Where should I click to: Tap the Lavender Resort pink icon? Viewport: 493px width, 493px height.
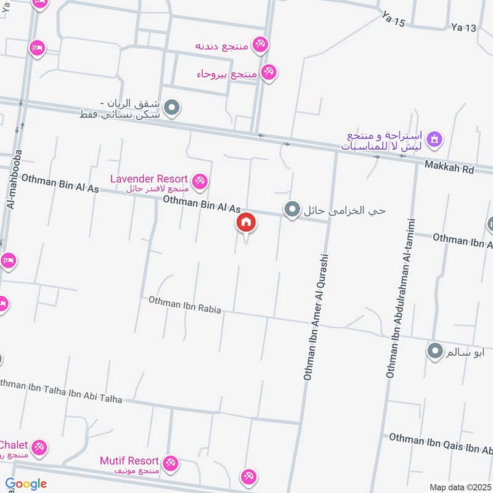[199, 181]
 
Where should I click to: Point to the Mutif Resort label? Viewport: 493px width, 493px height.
[129, 461]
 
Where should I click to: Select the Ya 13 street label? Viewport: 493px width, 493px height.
[464, 27]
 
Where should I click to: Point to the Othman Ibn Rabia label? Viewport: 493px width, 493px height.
[184, 306]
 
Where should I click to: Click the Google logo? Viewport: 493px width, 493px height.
[26, 484]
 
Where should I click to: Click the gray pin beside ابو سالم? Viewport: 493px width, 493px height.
[435, 352]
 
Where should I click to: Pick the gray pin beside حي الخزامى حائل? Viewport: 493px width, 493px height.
[291, 210]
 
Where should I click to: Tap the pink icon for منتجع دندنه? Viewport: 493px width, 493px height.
[261, 44]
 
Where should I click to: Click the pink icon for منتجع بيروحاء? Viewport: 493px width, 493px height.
[268, 73]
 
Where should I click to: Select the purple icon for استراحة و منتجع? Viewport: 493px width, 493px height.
[434, 139]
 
